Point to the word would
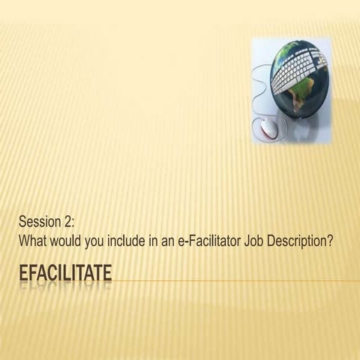pyautogui.click(x=69, y=242)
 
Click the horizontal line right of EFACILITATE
pyautogui.click(x=232, y=281)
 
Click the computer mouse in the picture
pyautogui.click(x=270, y=128)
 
